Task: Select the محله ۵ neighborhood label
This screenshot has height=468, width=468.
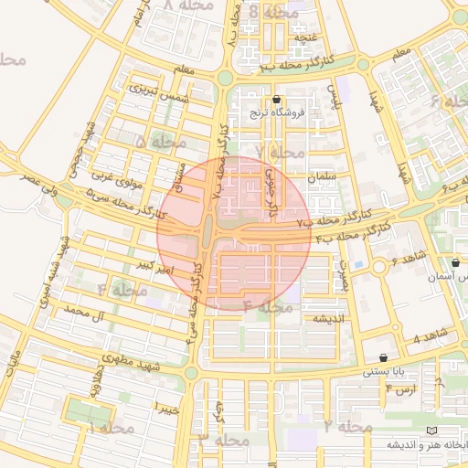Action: (x=160, y=142)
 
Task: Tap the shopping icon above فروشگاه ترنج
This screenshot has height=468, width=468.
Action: (x=277, y=100)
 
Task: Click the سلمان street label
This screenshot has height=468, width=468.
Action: (x=324, y=175)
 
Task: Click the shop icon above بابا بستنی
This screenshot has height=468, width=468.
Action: (x=382, y=357)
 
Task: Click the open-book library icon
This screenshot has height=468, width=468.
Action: (x=431, y=430)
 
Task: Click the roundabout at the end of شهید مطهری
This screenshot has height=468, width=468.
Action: (x=191, y=373)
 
